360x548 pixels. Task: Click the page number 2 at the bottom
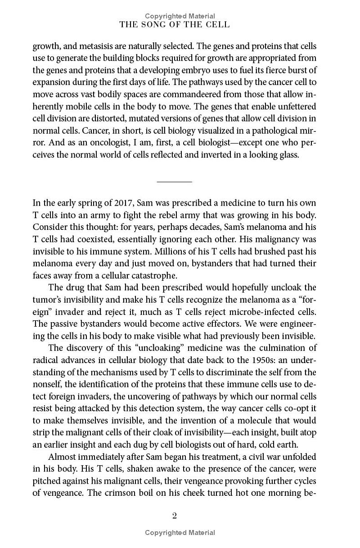tap(174, 516)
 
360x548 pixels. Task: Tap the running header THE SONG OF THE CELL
tap(174, 25)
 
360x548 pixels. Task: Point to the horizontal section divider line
tap(174, 182)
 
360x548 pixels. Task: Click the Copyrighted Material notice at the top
tap(180, 16)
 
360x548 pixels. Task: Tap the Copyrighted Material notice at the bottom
tap(180, 533)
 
